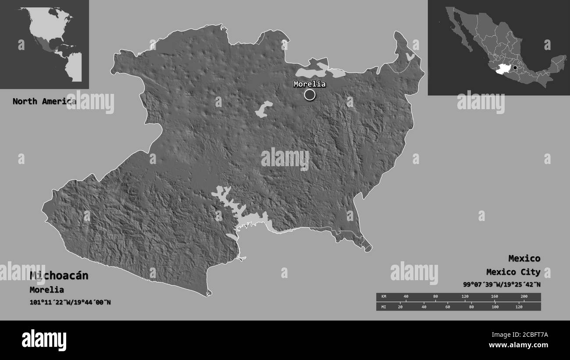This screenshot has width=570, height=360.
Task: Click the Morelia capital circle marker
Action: pos(310,94)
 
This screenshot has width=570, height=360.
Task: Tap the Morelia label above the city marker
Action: pos(310,84)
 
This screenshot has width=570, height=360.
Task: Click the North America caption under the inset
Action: pos(44,101)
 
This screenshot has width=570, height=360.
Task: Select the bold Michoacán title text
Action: pos(59,275)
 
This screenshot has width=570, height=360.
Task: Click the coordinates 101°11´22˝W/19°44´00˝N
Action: pos(70,302)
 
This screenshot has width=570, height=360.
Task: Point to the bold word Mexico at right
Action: pos(524,258)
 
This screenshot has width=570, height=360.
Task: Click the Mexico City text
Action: pos(513,272)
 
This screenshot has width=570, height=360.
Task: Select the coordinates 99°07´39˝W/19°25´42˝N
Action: pos(502,284)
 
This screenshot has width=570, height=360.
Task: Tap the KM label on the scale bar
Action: pos(384,297)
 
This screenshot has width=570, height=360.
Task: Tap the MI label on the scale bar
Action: pos(384,307)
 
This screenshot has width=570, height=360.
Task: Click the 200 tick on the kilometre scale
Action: pos(524,297)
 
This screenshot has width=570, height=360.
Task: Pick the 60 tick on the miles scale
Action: pos(447,307)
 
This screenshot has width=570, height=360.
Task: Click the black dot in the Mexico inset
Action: pos(515,68)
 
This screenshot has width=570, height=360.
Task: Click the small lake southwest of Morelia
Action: pos(264,109)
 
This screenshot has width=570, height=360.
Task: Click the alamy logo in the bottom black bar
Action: pos(44,340)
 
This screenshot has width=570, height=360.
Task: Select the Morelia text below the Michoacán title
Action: pos(46,289)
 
